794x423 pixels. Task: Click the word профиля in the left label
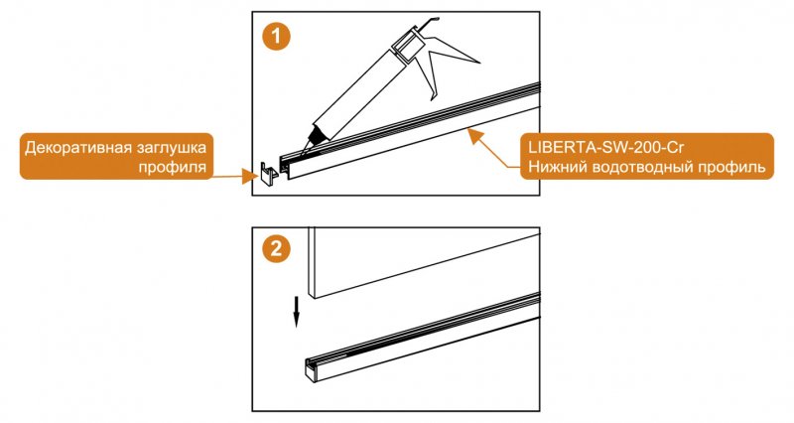[172, 168]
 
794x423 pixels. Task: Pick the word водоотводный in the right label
[644, 168]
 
